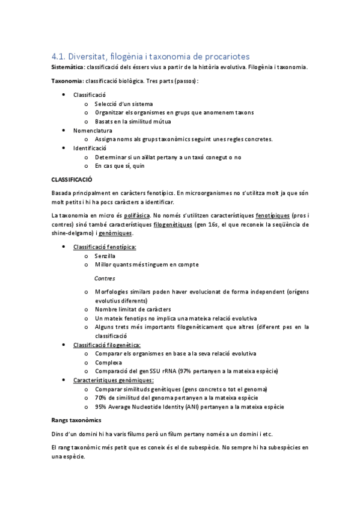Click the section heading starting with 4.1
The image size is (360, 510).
[151, 56]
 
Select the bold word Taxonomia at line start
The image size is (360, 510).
[67, 81]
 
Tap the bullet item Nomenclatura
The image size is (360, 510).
[93, 130]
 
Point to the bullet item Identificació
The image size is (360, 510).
[90, 147]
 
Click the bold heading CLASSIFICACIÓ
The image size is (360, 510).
[72, 179]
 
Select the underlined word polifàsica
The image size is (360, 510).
[138, 215]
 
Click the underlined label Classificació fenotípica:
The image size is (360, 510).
[105, 247]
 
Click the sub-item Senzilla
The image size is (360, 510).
[105, 256]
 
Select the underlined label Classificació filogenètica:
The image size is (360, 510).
[107, 345]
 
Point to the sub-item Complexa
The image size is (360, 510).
[108, 363]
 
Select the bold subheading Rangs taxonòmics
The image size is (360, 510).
[76, 420]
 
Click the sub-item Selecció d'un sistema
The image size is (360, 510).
[123, 103]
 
